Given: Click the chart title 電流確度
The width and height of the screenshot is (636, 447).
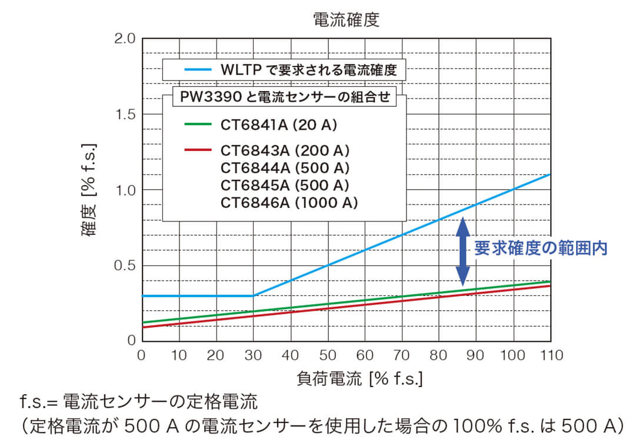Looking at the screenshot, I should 346,19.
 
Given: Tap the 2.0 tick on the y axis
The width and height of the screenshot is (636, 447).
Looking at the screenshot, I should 124,39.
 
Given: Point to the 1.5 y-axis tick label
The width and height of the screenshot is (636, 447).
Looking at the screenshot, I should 124,114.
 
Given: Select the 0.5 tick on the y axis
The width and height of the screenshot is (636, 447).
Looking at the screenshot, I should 124,265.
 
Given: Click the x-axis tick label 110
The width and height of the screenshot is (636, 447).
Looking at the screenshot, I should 551,355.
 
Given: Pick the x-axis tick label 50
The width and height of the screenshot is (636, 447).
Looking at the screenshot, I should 328,355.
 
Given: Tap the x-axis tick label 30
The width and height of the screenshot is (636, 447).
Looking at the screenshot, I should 253,355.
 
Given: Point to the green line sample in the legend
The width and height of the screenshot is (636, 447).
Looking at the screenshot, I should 198,125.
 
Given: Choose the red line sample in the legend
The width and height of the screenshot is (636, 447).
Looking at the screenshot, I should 198,151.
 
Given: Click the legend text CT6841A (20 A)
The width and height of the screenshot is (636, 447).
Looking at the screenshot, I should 279,125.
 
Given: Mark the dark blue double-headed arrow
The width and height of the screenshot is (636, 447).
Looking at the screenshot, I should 463,250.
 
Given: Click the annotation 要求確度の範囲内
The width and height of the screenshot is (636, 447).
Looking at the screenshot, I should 540,248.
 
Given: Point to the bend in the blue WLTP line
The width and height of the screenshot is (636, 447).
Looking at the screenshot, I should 254,295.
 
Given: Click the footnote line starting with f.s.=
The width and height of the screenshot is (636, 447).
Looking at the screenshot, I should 138,404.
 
